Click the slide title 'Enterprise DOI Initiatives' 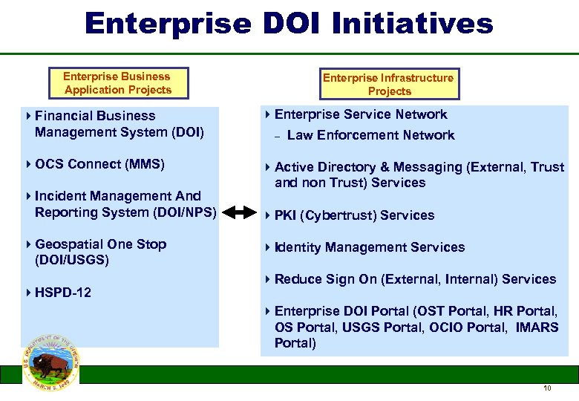coord(289,23)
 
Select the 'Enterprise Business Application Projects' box coord(117,83)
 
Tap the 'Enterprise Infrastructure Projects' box coord(389,85)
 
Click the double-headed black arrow coord(239,213)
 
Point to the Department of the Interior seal coord(50,362)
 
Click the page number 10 coord(547,388)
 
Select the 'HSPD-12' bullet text coord(63,293)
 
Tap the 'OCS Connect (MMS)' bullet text coord(99,164)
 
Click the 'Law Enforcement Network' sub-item coord(370,135)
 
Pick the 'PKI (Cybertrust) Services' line coord(354,215)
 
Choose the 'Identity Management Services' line coord(370,247)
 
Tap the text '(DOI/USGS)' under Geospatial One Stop coord(72,260)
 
